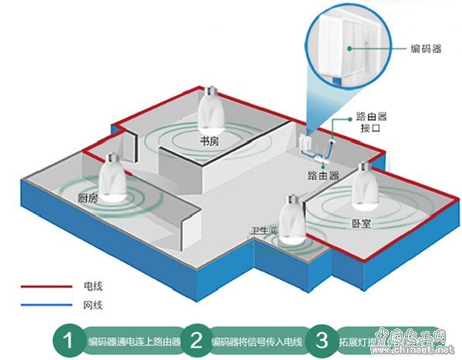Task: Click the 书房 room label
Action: click(209, 142)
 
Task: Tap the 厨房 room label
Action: click(89, 198)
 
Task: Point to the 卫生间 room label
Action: click(264, 231)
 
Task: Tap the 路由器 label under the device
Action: click(323, 175)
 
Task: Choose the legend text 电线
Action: click(92, 286)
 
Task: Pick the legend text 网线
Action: click(92, 305)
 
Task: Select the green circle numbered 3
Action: click(320, 339)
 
